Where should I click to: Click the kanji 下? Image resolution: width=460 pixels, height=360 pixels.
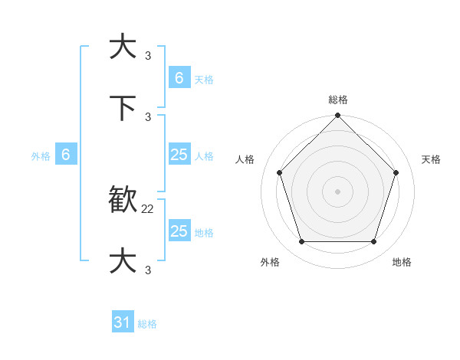[123, 108]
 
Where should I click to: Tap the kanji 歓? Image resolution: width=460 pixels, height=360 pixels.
[123, 201]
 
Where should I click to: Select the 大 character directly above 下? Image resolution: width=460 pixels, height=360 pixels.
[123, 47]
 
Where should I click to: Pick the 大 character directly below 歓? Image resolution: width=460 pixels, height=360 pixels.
[123, 261]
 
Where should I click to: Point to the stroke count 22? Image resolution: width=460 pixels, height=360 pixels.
[148, 208]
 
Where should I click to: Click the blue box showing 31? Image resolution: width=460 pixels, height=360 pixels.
[123, 323]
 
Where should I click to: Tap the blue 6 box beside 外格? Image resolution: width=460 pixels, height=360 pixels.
[66, 155]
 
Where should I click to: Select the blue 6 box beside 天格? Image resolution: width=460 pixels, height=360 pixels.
[179, 78]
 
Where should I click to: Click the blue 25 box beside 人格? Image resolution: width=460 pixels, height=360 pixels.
[179, 155]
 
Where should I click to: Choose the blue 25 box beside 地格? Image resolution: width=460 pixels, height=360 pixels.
[179, 231]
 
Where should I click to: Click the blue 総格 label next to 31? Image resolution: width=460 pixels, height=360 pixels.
[147, 324]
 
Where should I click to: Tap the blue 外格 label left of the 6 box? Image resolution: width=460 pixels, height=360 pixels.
[41, 156]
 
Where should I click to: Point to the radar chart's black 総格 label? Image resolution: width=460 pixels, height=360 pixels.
[338, 100]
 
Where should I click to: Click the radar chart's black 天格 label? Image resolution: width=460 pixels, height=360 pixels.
[432, 159]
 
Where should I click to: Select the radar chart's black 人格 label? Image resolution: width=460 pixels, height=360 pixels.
[245, 159]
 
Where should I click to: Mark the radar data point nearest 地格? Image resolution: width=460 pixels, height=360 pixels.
[373, 242]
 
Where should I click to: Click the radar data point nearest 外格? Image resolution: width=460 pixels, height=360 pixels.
[301, 242]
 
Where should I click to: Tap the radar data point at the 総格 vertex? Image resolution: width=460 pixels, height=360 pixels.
[337, 116]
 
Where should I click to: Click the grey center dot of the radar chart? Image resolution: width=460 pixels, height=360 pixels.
[337, 191]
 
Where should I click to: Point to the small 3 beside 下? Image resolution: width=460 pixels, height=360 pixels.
[148, 116]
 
